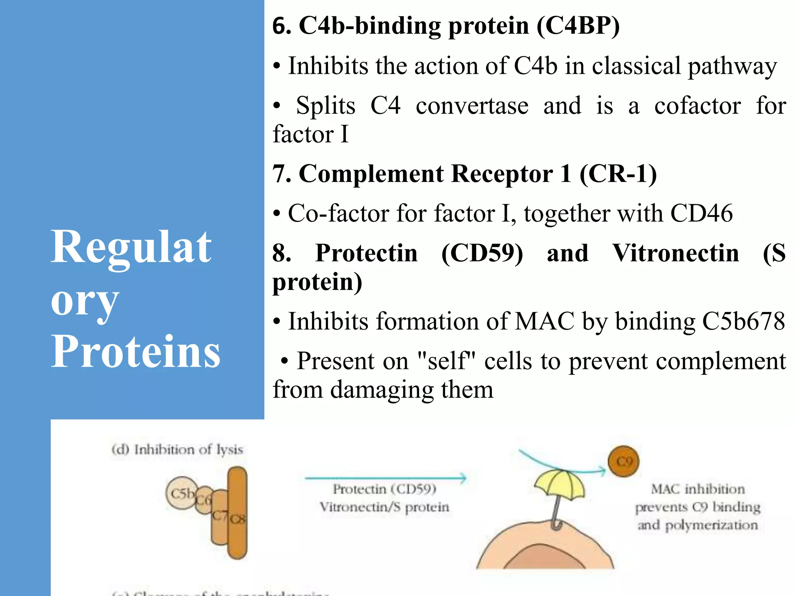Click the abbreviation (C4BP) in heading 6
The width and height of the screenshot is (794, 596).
pos(578,26)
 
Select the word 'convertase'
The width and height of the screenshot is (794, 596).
pos(472,106)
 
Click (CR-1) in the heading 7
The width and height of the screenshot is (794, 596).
pos(618,173)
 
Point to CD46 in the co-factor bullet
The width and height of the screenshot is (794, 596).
pos(701,213)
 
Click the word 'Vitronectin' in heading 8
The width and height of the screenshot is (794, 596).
pos(675,253)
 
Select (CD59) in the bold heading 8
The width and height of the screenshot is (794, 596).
pos(482,253)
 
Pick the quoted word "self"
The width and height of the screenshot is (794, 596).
pos(450,361)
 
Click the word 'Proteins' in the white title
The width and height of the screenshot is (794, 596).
pos(136,351)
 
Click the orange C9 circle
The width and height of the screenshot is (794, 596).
pos(624,461)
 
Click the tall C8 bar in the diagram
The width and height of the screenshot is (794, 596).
pos(237,512)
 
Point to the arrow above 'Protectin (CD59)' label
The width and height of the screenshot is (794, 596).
pos(385,478)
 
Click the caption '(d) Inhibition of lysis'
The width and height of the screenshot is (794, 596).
pos(177,450)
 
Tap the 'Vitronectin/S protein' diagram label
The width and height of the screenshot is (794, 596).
pos(384,507)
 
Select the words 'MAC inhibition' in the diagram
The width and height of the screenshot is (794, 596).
pos(697,489)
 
